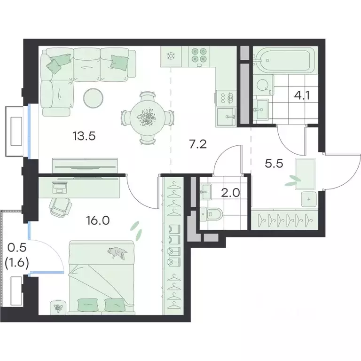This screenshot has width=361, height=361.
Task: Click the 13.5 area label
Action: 84,136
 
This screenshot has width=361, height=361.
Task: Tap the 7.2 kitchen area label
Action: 198,144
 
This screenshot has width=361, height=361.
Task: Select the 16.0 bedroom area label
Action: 98,220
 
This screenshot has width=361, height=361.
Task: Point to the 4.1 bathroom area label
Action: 302,95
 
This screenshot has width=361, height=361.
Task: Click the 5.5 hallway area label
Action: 274,164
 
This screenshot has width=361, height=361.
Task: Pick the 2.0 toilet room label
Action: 230,193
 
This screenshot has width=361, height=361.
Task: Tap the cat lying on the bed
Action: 117,253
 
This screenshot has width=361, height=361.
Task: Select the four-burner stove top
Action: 199,55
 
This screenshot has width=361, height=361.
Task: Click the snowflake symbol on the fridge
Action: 171,55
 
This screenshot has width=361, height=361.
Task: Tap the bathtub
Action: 285,61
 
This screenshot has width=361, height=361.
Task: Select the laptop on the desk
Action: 60,187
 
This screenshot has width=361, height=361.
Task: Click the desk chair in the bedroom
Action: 60,206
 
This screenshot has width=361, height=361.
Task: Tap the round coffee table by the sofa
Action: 94,98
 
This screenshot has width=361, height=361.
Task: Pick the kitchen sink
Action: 226,117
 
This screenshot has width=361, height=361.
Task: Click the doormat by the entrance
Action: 305,174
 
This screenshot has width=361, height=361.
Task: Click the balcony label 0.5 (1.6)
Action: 17,255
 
